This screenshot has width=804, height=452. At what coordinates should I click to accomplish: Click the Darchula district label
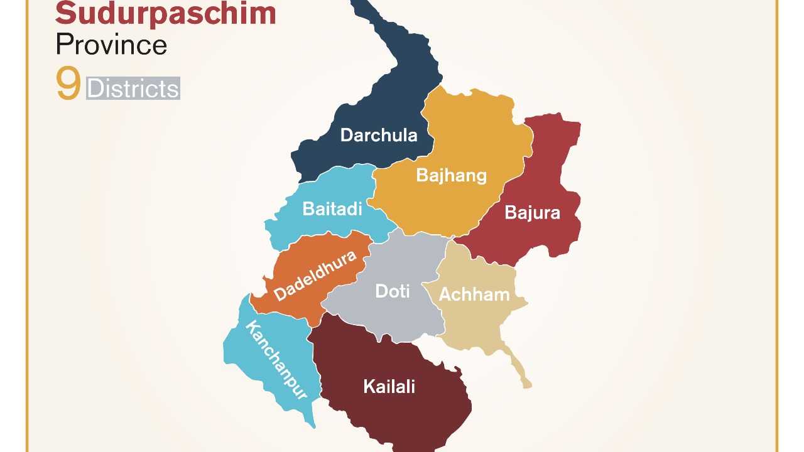point(378,135)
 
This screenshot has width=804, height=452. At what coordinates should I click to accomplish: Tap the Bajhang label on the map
point(451,175)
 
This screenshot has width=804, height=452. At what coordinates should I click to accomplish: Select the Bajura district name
point(532,213)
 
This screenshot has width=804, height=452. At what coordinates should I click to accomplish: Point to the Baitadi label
point(332,208)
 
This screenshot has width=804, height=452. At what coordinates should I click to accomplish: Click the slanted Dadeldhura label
point(315,275)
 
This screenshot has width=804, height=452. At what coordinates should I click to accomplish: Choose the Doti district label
point(392,291)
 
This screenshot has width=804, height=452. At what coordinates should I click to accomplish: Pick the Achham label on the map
point(474,294)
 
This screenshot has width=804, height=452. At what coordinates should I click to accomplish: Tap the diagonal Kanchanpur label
point(276,360)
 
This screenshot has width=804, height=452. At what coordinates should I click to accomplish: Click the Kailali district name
point(389,386)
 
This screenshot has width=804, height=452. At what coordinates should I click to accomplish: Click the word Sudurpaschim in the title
point(166,14)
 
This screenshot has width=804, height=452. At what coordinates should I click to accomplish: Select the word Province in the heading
point(111,45)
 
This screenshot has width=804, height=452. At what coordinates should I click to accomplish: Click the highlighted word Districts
point(133,89)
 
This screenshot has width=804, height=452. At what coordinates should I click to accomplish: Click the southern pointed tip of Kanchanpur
point(312,423)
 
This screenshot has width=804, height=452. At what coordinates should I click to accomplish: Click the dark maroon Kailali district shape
point(402,414)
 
